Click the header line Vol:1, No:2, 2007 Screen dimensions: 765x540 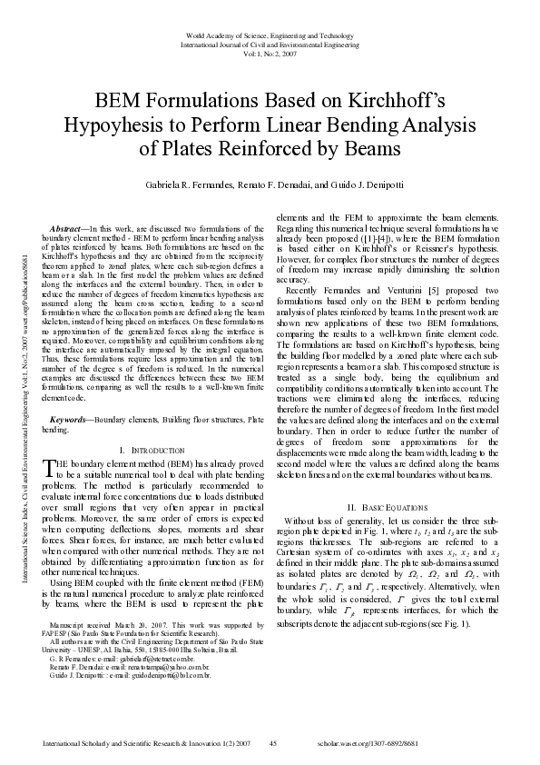click(x=270, y=53)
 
